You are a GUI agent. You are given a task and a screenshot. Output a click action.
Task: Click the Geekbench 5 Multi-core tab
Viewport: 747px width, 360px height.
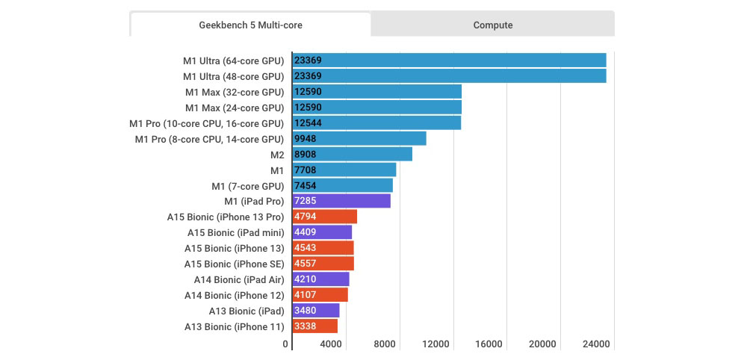tap(250, 25)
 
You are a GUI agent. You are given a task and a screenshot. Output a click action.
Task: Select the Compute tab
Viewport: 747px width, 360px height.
tap(493, 25)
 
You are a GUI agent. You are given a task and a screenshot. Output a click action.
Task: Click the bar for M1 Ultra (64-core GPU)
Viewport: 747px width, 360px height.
tap(449, 60)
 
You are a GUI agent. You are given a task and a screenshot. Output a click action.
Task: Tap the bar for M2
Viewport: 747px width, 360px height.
tap(352, 154)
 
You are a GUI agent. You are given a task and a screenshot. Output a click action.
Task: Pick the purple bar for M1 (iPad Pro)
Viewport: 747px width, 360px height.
tap(341, 201)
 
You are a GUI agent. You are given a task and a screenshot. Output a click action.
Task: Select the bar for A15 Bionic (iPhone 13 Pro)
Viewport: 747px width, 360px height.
tap(325, 217)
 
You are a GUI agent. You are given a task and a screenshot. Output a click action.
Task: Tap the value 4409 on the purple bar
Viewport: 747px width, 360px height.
tap(306, 232)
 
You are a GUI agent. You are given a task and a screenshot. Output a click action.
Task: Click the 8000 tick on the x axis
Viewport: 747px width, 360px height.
tap(384, 344)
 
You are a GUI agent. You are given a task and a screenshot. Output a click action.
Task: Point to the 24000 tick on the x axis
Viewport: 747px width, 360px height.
tap(595, 344)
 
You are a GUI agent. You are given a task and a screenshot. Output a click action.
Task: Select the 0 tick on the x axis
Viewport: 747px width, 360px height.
tap(285, 344)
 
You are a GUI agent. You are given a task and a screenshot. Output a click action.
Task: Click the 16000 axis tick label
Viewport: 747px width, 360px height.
tap(489, 344)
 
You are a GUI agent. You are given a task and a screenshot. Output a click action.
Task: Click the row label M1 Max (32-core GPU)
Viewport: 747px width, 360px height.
tap(235, 92)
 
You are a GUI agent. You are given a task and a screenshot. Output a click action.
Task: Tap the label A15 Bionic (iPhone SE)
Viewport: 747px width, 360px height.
tap(234, 264)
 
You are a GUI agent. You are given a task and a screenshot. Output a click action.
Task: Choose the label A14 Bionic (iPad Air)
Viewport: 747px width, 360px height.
tap(239, 279)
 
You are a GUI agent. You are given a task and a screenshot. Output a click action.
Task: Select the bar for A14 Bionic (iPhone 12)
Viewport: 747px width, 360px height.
tap(320, 295)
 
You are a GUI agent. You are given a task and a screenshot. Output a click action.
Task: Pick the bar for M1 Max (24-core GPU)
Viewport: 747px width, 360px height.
tap(377, 108)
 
